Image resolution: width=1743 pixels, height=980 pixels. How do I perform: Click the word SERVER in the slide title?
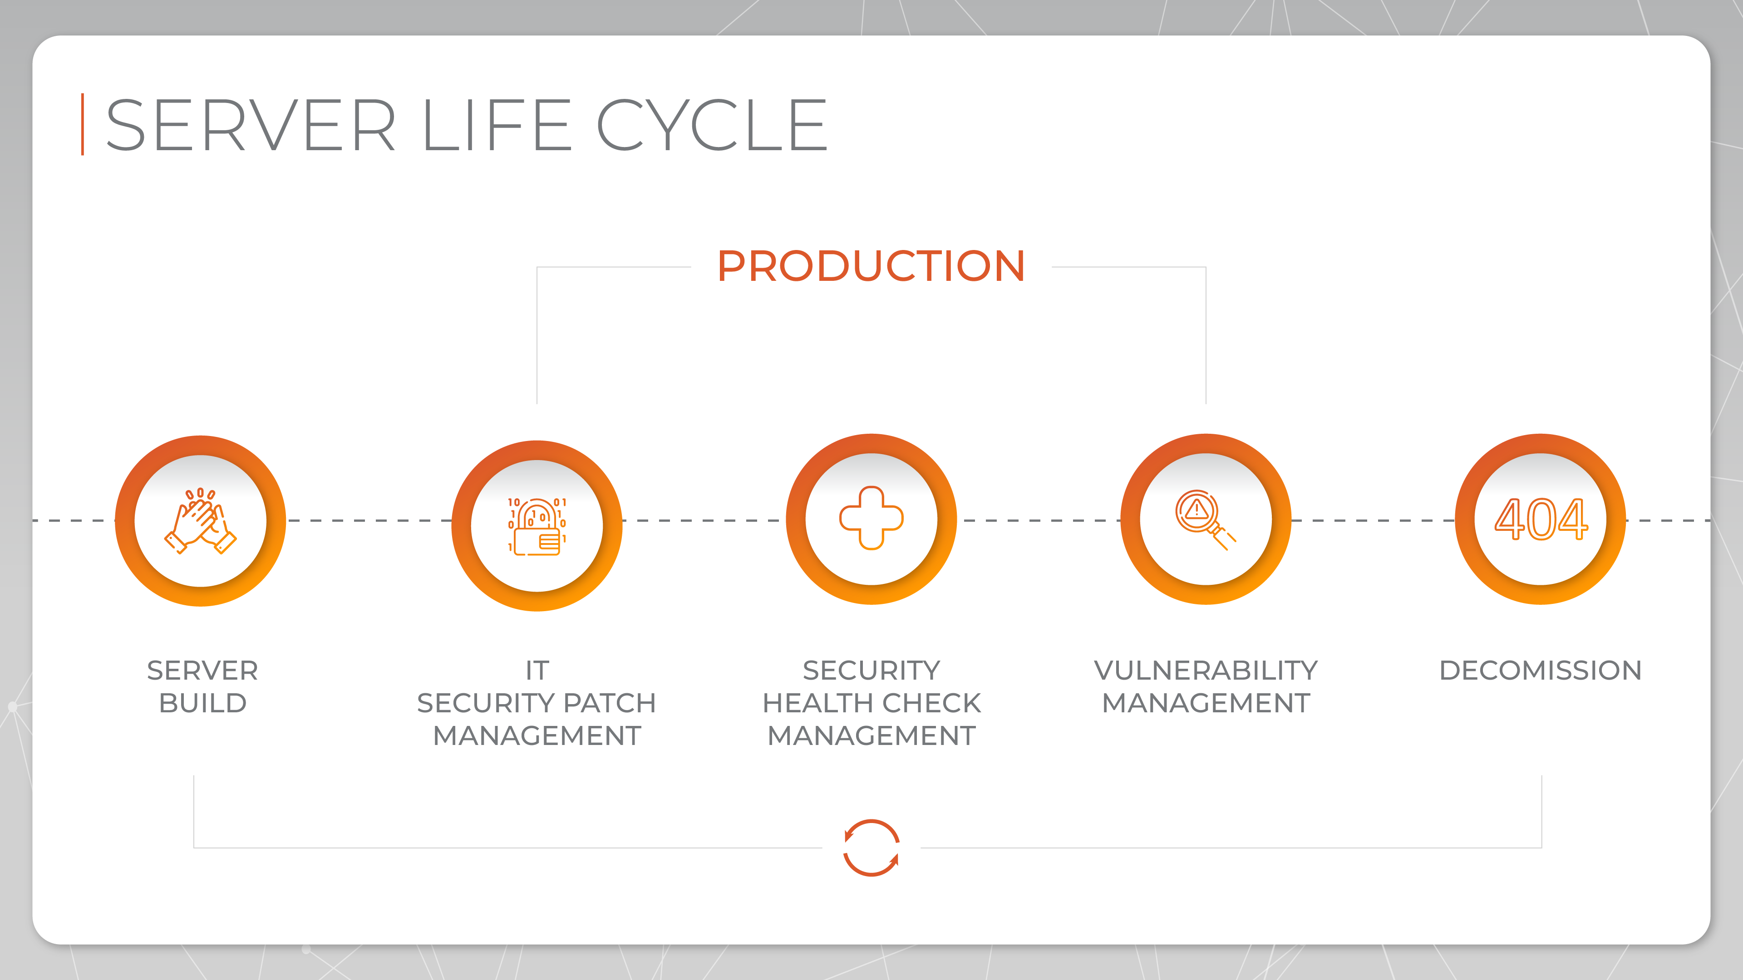click(x=251, y=125)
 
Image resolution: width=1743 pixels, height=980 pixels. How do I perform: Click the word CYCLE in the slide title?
click(x=712, y=125)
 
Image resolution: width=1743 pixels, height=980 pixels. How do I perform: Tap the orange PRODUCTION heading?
click(x=871, y=266)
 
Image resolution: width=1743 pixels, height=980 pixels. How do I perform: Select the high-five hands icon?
click(x=200, y=521)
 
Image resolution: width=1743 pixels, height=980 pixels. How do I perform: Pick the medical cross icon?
click(x=871, y=518)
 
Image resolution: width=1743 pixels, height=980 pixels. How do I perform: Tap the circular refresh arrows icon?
click(x=871, y=848)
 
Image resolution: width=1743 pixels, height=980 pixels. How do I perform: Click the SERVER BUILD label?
click(x=202, y=686)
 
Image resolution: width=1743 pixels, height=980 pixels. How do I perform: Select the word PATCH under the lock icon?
click(x=609, y=703)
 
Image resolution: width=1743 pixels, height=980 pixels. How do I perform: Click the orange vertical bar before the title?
click(x=83, y=124)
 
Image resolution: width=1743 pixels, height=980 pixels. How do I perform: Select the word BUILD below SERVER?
click(x=202, y=703)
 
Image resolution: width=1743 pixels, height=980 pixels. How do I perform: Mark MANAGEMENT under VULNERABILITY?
click(x=1206, y=703)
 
